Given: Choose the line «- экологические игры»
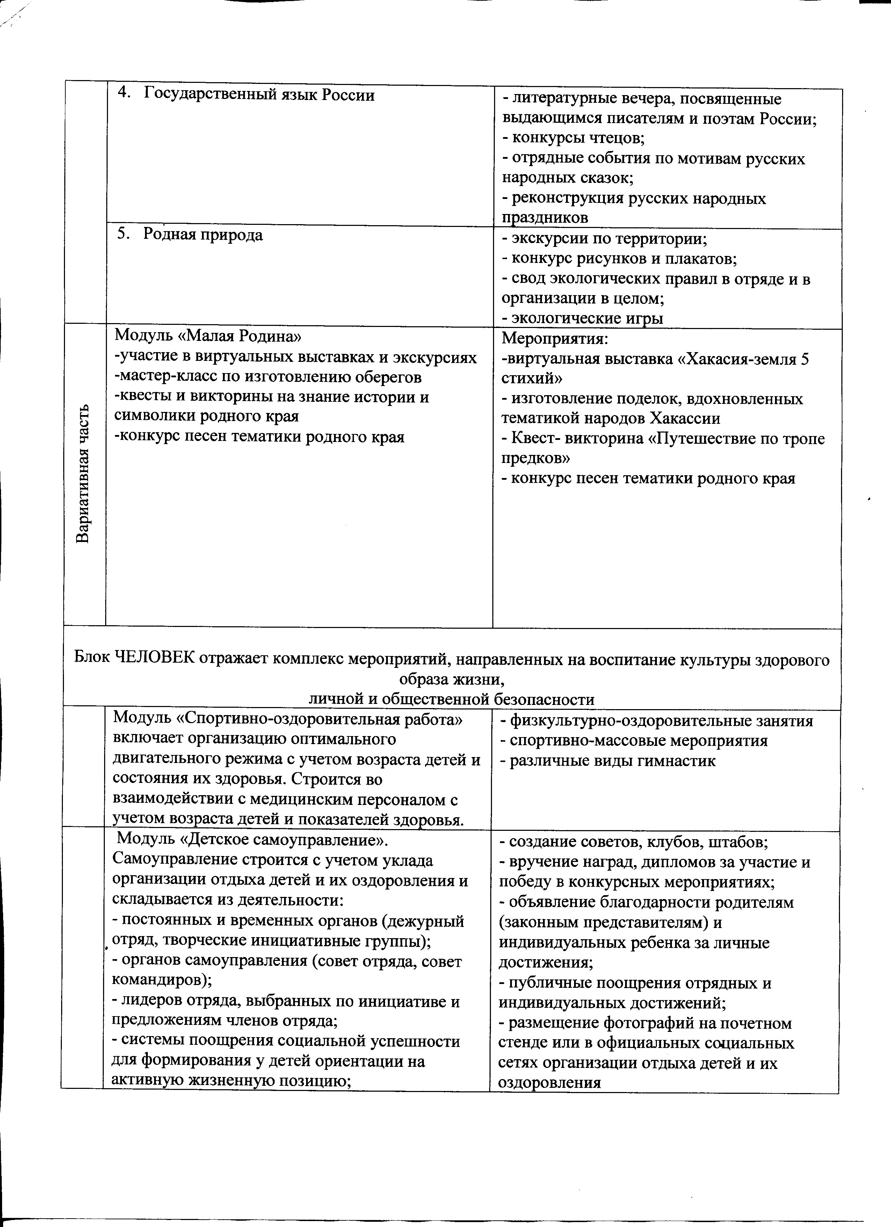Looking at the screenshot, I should pyautogui.click(x=582, y=318).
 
